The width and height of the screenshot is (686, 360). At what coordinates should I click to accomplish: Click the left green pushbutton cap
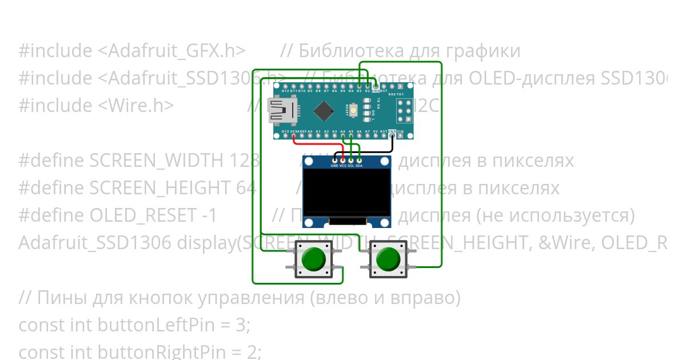[313, 259]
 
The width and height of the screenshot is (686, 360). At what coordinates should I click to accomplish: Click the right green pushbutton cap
[388, 259]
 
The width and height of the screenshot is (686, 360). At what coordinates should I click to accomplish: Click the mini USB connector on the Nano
[282, 111]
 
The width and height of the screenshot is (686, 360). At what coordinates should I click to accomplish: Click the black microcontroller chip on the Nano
[324, 111]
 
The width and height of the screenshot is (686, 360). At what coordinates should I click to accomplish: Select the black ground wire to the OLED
[366, 151]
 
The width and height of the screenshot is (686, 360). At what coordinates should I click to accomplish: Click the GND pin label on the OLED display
[334, 166]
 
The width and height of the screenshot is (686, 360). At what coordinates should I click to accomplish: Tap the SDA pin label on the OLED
[359, 166]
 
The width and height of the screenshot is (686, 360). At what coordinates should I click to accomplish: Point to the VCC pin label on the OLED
[342, 166]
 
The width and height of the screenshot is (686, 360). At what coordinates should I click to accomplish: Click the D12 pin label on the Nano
[285, 91]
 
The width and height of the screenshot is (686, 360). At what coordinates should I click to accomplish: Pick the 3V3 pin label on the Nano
[293, 131]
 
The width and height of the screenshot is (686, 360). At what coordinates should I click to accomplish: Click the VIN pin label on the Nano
[400, 131]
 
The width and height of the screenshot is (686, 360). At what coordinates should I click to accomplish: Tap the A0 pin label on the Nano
[310, 131]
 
